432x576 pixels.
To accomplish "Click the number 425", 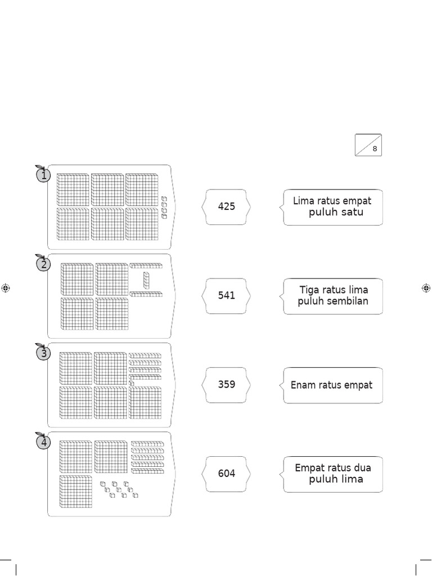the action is [x=226, y=206].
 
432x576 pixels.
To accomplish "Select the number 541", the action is [x=226, y=295].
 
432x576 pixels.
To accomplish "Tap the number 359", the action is [x=226, y=385].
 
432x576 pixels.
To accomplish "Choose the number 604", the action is [x=226, y=474].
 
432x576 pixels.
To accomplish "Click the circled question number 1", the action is [x=43, y=175].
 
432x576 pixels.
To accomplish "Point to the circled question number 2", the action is [x=43, y=264].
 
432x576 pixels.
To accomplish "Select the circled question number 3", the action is [x=43, y=354].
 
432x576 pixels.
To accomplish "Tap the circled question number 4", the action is [x=43, y=443].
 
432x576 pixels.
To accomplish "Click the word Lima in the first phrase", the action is [x=304, y=201].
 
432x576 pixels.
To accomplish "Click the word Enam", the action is [x=303, y=385].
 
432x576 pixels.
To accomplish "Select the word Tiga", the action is [x=309, y=290].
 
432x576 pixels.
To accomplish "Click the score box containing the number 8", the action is [x=368, y=145].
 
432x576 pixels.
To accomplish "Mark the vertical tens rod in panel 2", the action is [x=146, y=280].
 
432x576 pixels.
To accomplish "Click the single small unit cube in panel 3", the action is [x=131, y=383].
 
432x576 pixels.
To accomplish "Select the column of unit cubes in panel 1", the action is [x=164, y=207].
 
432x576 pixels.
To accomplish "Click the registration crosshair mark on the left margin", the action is [x=6, y=288].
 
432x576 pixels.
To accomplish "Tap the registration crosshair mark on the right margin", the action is [x=426, y=288].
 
